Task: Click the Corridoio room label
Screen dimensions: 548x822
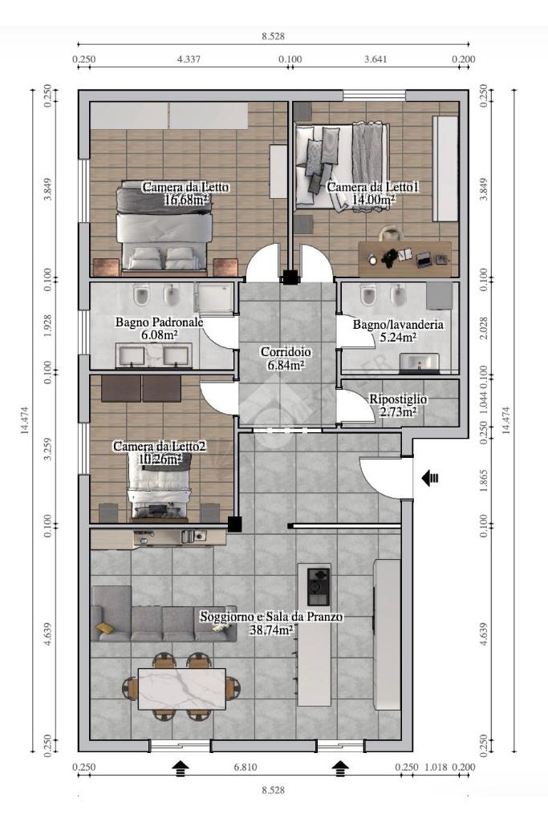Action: pos(286,352)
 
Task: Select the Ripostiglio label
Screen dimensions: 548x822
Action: pos(398,399)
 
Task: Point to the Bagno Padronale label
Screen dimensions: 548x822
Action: pos(160,322)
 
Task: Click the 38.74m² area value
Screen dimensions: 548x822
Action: pos(271,630)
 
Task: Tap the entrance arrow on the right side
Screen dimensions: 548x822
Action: pos(430,478)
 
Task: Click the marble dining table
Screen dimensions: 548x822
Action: pos(182,688)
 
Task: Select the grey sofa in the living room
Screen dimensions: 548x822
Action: pos(163,613)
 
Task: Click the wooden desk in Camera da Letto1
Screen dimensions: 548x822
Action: pos(405,259)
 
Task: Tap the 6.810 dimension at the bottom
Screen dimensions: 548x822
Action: pos(246,767)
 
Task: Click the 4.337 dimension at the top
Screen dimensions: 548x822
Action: pos(189,59)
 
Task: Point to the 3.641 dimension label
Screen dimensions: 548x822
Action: pos(375,59)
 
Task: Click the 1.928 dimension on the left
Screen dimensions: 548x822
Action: pos(47,326)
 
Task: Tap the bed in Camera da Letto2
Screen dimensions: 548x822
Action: pos(159,488)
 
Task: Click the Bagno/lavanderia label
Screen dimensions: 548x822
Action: pos(398,325)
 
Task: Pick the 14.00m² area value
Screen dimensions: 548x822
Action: pos(374,200)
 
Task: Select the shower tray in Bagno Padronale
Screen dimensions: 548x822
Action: pos(214,299)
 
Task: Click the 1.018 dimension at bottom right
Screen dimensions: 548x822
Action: pos(435,767)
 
